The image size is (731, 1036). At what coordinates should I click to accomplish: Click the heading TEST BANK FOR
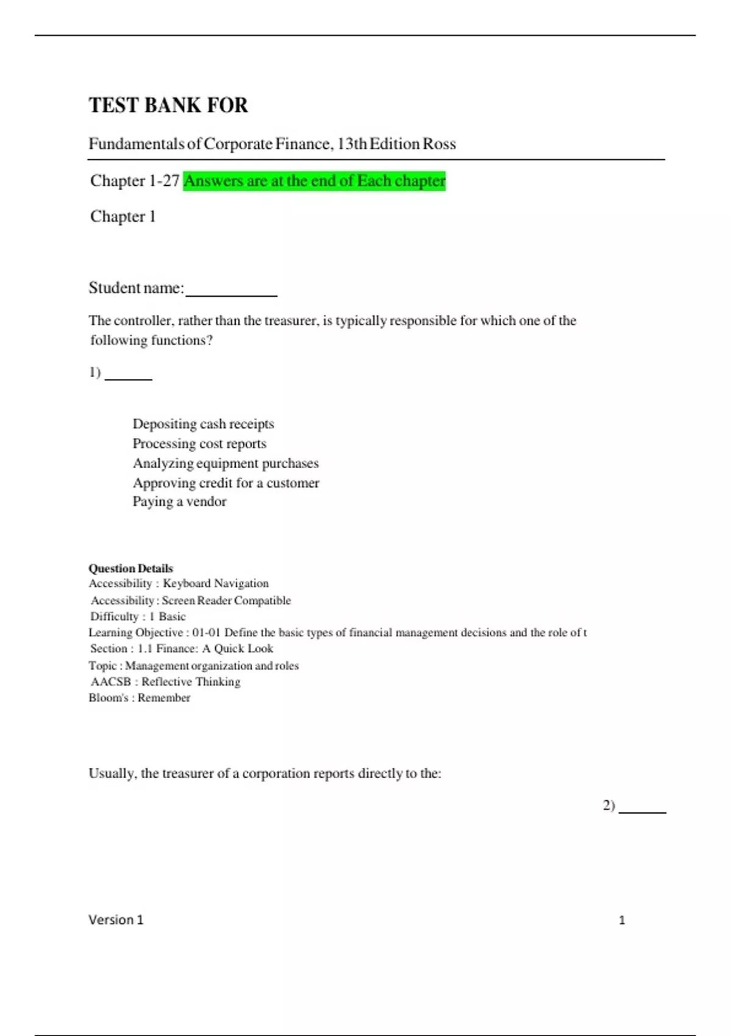click(x=168, y=105)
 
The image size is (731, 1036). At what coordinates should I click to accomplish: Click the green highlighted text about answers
click(x=314, y=181)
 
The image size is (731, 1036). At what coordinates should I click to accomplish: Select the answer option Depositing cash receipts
click(x=203, y=424)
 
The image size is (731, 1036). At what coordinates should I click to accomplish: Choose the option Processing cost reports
click(x=199, y=444)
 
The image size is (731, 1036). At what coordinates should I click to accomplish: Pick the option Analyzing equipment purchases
click(x=225, y=463)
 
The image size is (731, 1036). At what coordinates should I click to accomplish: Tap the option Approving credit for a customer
click(x=225, y=483)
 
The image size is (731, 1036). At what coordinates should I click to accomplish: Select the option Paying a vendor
click(x=179, y=502)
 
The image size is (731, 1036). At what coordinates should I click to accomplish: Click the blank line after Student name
click(x=231, y=291)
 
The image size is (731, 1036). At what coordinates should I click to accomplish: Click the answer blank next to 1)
click(x=129, y=375)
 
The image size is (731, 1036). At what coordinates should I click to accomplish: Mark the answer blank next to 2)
click(x=642, y=809)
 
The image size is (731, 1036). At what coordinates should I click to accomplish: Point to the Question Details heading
click(x=130, y=569)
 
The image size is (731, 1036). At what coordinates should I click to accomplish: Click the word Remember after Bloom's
click(x=164, y=698)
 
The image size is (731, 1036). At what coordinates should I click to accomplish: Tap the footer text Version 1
click(x=116, y=920)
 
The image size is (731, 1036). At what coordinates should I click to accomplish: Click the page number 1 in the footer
click(x=622, y=920)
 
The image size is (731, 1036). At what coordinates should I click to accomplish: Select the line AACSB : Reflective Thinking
click(x=165, y=682)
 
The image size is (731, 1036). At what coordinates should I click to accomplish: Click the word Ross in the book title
click(x=439, y=144)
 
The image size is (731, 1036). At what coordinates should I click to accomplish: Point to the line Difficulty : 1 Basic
click(x=138, y=617)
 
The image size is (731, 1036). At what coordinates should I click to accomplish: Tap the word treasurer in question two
click(x=187, y=773)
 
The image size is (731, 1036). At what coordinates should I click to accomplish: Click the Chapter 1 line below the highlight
click(x=123, y=216)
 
